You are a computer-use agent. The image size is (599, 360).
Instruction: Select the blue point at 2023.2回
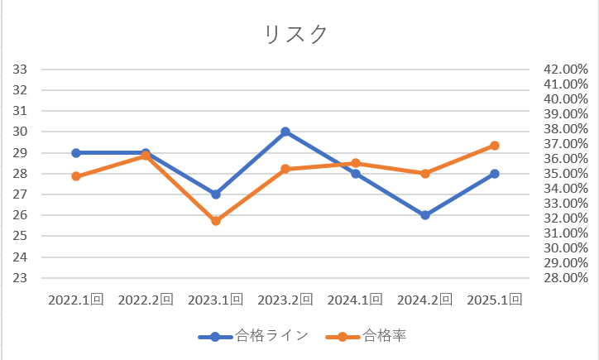(x=285, y=132)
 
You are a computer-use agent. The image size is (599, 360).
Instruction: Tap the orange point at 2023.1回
(x=216, y=221)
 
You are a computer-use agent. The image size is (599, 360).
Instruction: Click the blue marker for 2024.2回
(x=425, y=215)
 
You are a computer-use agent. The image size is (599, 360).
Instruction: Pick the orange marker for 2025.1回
(x=495, y=146)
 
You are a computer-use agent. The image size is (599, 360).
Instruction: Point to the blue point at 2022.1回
(x=76, y=152)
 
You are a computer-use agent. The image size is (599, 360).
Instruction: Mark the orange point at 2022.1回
(x=76, y=176)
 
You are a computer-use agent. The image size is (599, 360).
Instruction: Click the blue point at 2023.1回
(x=216, y=194)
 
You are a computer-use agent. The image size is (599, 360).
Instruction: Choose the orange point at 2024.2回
(x=425, y=174)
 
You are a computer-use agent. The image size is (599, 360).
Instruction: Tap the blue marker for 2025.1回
(x=495, y=174)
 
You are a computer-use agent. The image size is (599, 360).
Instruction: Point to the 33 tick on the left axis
(x=21, y=69)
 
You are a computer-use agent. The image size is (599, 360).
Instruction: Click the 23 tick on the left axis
(x=21, y=278)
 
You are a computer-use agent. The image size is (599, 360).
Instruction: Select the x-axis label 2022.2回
(x=146, y=300)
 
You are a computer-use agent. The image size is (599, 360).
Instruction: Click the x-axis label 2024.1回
(x=355, y=300)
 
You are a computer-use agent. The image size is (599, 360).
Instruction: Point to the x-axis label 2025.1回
(x=495, y=300)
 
